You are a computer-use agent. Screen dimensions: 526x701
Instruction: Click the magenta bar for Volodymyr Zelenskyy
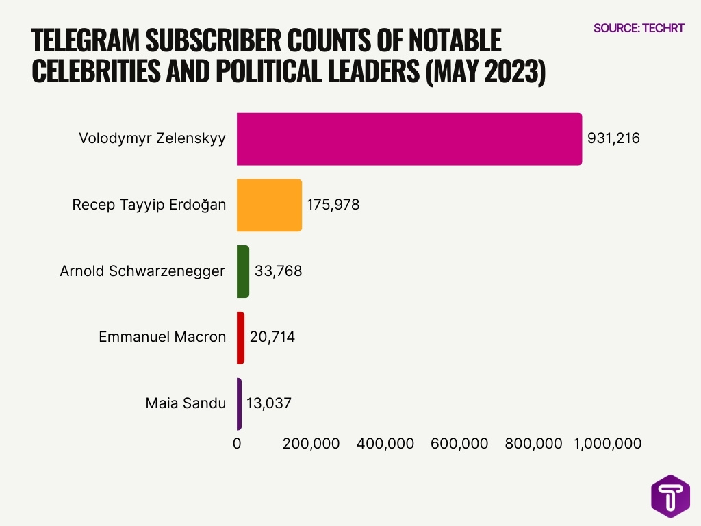click(409, 139)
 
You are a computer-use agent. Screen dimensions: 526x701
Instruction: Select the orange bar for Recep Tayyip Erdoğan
click(269, 205)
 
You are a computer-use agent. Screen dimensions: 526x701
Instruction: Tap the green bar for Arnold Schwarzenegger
click(243, 271)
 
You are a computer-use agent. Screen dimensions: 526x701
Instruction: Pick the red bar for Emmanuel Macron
click(240, 337)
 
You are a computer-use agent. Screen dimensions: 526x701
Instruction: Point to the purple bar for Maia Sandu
click(239, 403)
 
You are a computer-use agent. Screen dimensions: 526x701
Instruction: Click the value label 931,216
click(613, 139)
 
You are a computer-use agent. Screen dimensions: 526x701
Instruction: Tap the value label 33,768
click(278, 271)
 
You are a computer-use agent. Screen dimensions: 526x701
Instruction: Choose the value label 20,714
click(272, 337)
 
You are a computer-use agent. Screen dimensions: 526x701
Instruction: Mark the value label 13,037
click(269, 403)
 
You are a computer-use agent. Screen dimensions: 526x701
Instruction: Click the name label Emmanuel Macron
click(162, 337)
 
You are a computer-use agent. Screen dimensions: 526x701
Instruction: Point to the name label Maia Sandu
click(186, 403)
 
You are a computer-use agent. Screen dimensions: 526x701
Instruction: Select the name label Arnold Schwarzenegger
click(142, 271)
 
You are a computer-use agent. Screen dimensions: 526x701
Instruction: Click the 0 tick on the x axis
click(237, 444)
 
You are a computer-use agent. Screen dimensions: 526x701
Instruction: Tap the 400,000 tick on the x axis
click(385, 444)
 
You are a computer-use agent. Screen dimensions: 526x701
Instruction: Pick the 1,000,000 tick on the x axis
click(602, 444)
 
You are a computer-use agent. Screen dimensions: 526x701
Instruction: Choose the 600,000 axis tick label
click(459, 444)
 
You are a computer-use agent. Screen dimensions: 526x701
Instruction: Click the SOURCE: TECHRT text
click(639, 28)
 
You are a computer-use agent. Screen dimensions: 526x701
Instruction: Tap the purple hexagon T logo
click(670, 496)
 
